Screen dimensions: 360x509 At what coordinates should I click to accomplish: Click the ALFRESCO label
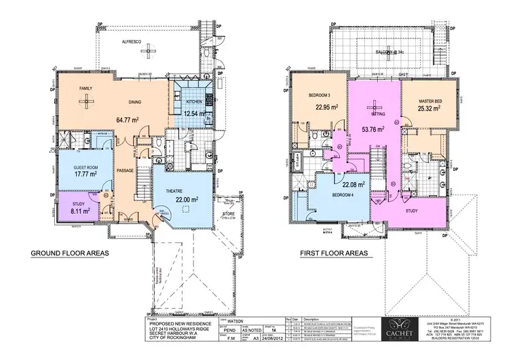pyautogui.click(x=131, y=42)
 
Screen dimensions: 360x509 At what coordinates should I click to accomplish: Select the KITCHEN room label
pyautogui.click(x=193, y=102)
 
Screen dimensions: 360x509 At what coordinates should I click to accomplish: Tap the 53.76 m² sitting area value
pyautogui.click(x=372, y=128)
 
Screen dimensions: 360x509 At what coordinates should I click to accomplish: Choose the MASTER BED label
pyautogui.click(x=430, y=102)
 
